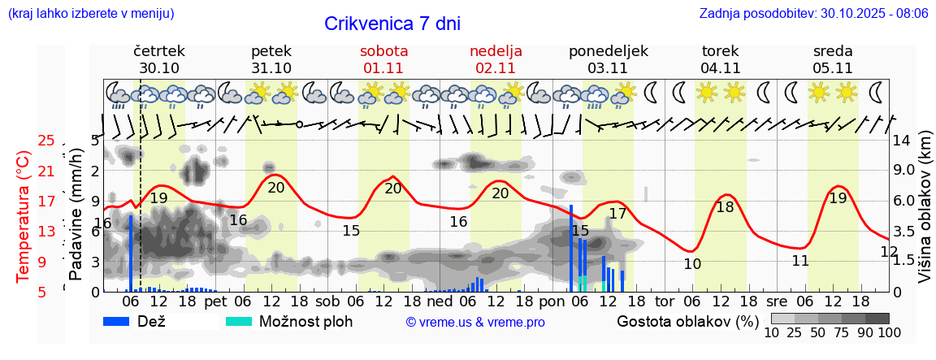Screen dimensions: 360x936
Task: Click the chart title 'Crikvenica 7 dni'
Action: coord(392,24)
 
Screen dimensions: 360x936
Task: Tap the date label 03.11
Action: coord(609,68)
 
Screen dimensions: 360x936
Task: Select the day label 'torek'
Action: coord(720,51)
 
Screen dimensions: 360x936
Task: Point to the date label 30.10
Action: coord(159,68)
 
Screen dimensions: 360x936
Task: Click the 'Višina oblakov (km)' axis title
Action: coord(925,216)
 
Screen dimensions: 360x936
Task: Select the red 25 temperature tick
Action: coord(46,141)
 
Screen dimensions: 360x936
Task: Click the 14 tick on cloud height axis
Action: coord(903,141)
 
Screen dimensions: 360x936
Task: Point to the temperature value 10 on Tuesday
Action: coord(691,264)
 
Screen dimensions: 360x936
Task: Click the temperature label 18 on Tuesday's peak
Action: coord(725,207)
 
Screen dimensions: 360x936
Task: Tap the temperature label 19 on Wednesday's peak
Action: coord(838,198)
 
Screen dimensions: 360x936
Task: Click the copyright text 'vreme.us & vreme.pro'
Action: coord(475,323)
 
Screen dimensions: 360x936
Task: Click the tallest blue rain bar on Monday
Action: coord(571,248)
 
